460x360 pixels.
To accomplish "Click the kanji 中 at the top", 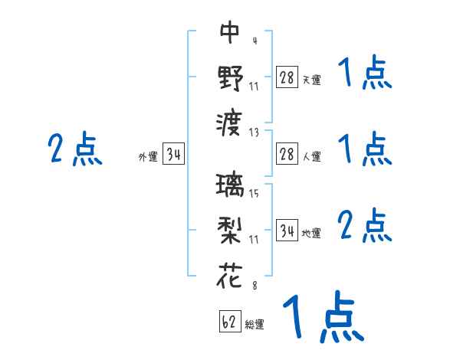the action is (230, 32).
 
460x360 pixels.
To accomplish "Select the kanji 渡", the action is (230, 123).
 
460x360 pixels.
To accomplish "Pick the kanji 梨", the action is (230, 230).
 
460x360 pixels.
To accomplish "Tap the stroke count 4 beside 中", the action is (254, 41).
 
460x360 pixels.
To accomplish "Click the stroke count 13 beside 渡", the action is (255, 131).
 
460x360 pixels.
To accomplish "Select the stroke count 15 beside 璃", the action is (254, 193).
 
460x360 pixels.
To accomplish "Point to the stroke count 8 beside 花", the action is (254, 285).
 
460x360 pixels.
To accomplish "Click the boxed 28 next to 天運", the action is (287, 77).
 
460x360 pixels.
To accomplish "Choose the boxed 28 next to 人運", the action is (287, 153).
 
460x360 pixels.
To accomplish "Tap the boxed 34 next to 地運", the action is (287, 230).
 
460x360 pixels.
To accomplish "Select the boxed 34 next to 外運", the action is (172, 153).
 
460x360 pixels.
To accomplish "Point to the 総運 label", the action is (255, 325).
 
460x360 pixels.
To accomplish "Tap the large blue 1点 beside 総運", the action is (322, 316).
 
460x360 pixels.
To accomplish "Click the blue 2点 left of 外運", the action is (75, 149).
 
